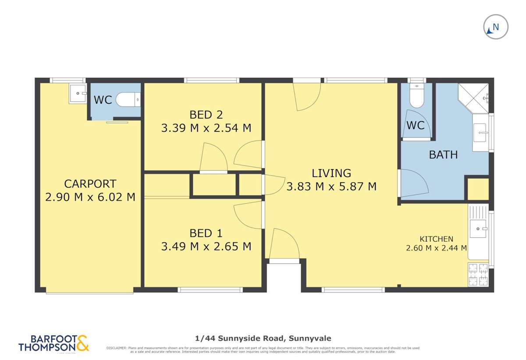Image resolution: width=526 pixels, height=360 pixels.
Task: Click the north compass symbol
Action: tap(495, 27)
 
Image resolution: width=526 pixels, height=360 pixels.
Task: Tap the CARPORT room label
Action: tap(90, 184)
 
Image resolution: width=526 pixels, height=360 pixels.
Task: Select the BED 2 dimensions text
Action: tap(206, 128)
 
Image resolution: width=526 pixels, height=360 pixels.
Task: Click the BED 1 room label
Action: tap(206, 233)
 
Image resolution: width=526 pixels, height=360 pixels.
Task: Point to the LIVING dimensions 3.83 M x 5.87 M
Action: tap(331, 187)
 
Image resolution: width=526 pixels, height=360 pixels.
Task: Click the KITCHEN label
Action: tap(436, 239)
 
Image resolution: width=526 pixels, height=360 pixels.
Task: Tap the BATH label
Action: tap(443, 155)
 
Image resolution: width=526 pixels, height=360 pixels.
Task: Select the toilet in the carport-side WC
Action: tap(128, 100)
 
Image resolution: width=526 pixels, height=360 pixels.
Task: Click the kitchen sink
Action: tap(478, 229)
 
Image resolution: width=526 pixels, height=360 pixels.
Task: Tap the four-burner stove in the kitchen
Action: tap(478, 274)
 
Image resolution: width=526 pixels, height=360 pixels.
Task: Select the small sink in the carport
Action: tap(78, 93)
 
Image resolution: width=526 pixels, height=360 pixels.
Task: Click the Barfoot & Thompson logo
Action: tap(53, 343)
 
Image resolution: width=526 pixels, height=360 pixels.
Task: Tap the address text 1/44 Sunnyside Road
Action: tap(263, 338)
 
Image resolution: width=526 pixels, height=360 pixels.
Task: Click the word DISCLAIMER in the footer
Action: tap(117, 348)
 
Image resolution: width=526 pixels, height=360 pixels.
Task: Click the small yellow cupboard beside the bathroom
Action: tap(477, 189)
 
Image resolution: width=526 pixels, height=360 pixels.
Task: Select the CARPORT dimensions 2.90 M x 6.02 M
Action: tap(90, 197)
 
